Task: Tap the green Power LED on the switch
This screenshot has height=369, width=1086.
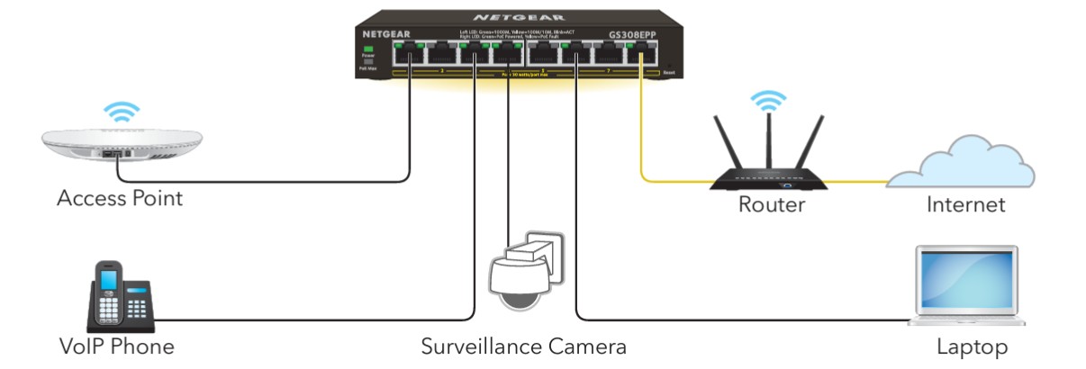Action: coord(367,48)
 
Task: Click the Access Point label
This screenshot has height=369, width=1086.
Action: coord(120,199)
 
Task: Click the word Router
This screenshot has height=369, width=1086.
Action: coord(771,204)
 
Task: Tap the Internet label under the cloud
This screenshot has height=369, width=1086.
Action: coord(965,204)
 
